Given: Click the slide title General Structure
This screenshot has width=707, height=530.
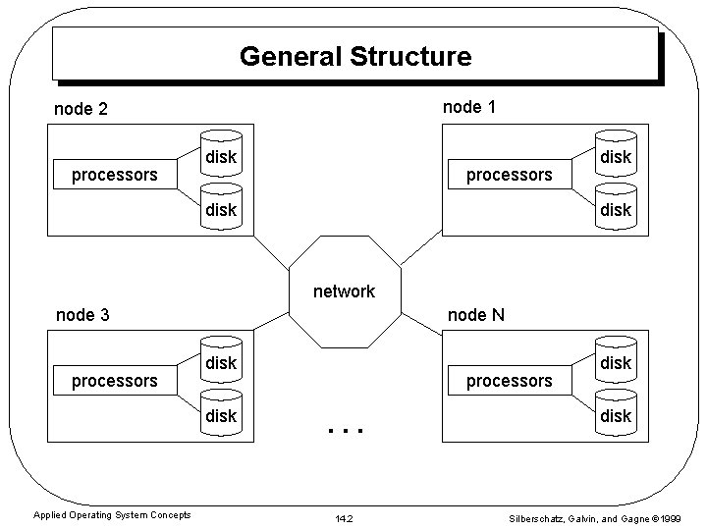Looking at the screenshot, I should [354, 56].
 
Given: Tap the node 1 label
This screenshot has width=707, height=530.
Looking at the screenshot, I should [468, 106].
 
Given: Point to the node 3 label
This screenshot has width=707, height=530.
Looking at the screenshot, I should [82, 315].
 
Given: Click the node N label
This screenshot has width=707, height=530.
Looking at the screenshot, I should [476, 315].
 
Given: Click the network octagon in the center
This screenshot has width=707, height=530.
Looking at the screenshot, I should [344, 291].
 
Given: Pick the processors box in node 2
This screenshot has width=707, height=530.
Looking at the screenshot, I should [114, 175].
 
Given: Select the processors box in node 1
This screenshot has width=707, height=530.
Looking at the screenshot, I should [509, 175].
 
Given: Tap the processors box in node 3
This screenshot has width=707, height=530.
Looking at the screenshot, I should [114, 380].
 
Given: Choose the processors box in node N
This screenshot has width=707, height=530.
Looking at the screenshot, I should [509, 380].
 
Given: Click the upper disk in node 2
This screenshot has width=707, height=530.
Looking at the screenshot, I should [221, 157].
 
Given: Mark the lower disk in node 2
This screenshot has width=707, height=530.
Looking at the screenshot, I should [221, 209].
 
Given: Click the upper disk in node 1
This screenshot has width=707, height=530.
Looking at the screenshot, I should [616, 157].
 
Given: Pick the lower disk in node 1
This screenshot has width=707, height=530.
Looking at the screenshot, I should [616, 209].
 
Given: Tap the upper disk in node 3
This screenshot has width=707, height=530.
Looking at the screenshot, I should [221, 363].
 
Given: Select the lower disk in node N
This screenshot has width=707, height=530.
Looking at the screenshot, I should [616, 415].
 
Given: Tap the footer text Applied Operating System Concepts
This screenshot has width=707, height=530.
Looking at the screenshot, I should [112, 515].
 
